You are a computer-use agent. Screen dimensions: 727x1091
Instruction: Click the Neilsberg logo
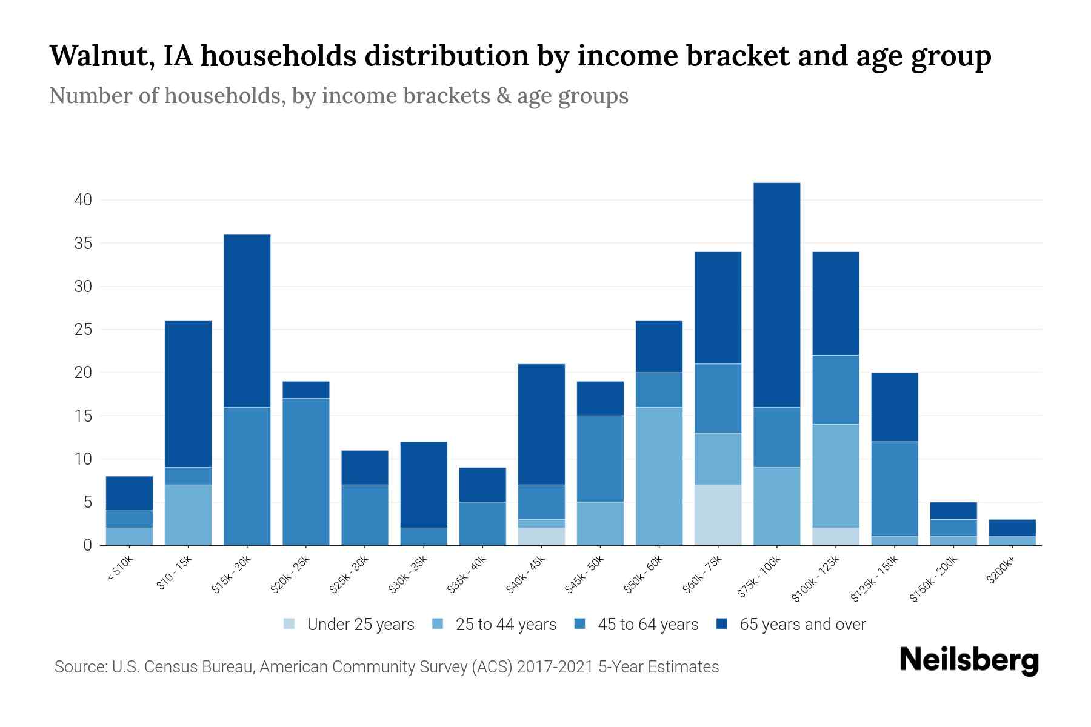coord(969,660)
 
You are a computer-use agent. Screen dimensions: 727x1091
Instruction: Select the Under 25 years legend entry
coord(349,625)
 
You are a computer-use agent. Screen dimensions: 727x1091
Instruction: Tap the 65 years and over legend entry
coord(792,625)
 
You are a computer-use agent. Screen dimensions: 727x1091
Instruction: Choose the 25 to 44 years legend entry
coord(495,625)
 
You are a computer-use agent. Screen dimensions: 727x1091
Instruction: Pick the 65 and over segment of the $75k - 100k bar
coord(776,294)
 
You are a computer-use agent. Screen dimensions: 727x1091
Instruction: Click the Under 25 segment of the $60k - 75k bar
coord(718,515)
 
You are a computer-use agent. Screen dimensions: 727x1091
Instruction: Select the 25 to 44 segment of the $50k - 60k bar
coord(659,476)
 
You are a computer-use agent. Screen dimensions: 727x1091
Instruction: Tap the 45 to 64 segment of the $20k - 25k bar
coord(306,471)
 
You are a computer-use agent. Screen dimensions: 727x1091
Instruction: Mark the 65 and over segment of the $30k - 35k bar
coord(424,485)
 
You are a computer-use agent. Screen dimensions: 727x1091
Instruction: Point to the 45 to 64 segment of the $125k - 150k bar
coord(894,489)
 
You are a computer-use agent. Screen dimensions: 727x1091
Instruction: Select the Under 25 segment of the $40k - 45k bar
coord(541,536)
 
